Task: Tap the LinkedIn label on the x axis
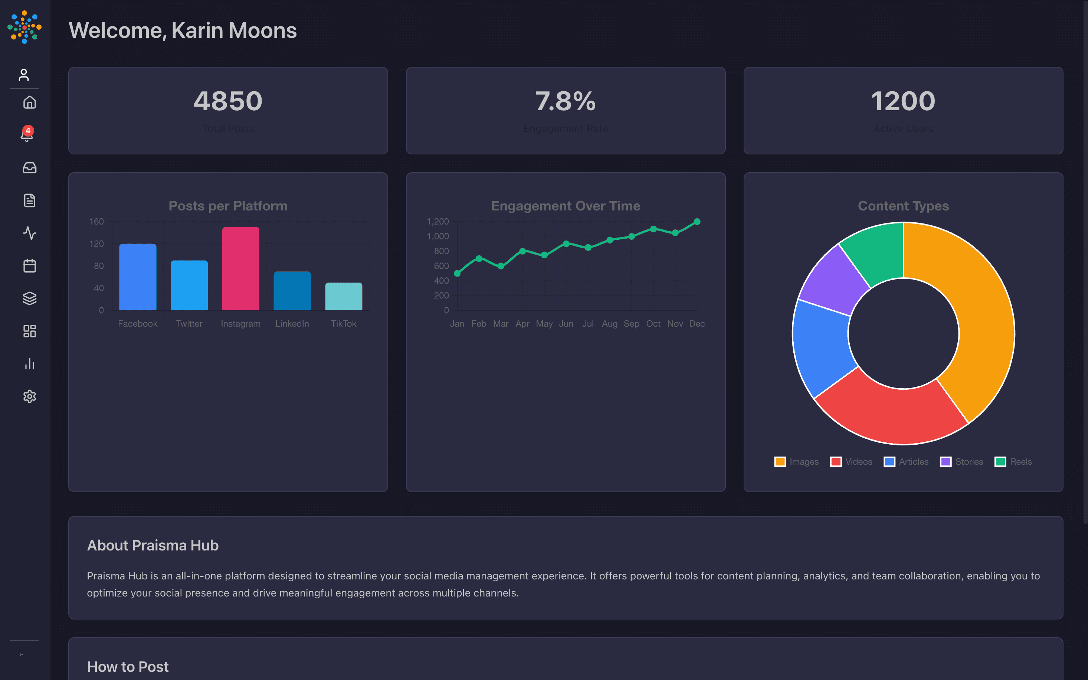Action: pos(292,324)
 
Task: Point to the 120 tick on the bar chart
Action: pos(96,244)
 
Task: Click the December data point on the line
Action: pos(697,222)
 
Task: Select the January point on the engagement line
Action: pos(457,274)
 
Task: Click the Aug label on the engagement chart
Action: pos(609,324)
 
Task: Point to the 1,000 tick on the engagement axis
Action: pos(438,236)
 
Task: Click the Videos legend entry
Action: pos(851,462)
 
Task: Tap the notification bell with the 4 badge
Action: pos(27,134)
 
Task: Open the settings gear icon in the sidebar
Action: pos(30,396)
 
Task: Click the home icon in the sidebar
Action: pos(30,102)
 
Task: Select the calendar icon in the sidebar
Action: pos(30,266)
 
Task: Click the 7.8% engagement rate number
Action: pos(565,101)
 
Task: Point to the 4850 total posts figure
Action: pos(228,101)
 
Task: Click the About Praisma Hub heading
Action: pos(153,545)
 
